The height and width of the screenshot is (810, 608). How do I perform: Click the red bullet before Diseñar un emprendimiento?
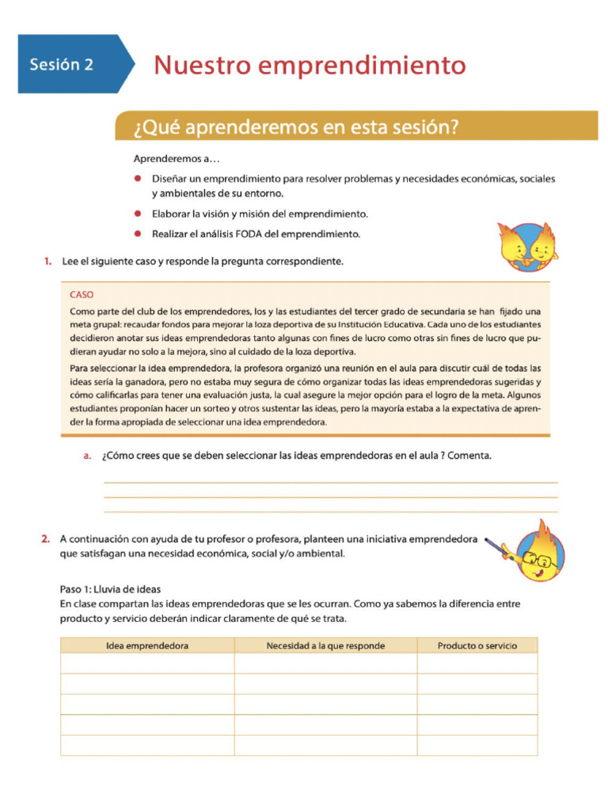tap(137, 179)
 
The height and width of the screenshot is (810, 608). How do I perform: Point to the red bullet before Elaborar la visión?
tap(137, 214)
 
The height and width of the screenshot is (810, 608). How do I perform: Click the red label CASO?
tap(82, 294)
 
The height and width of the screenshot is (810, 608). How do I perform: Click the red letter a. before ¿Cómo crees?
tap(88, 456)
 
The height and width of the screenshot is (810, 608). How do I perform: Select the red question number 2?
tap(46, 539)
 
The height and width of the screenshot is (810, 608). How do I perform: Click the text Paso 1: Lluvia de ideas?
tap(110, 589)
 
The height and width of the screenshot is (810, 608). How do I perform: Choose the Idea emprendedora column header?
tap(147, 645)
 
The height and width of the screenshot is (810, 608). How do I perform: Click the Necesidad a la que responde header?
tap(325, 645)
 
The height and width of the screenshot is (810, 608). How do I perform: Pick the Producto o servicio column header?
tap(477, 645)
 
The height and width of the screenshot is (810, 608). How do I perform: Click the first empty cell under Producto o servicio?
tap(477, 664)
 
